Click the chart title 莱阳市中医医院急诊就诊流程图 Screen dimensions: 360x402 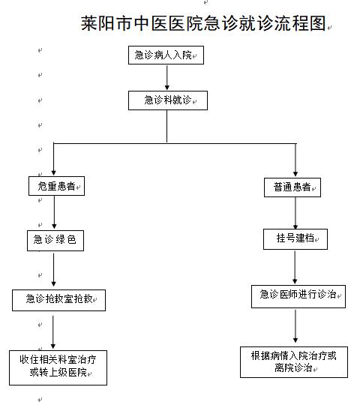pyautogui.click(x=203, y=23)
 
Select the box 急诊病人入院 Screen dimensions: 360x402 pyautogui.click(x=166, y=55)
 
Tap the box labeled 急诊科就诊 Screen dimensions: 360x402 pyautogui.click(x=168, y=100)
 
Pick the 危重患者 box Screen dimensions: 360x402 pyautogui.click(x=56, y=186)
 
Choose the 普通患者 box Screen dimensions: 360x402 pyautogui.click(x=292, y=187)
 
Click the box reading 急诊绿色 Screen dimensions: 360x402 pyautogui.click(x=55, y=241)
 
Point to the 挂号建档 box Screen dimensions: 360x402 pyautogui.click(x=295, y=239)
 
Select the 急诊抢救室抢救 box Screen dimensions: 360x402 pyautogui.click(x=58, y=300)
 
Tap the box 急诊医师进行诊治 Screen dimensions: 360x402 pyautogui.click(x=298, y=296)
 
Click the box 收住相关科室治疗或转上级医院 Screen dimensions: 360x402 pyautogui.click(x=58, y=367)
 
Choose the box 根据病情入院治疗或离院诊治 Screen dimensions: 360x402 pyautogui.click(x=294, y=362)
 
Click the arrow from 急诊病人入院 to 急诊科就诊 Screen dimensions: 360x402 pyautogui.click(x=167, y=77)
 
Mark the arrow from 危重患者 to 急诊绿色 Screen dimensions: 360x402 pyautogui.click(x=54, y=212)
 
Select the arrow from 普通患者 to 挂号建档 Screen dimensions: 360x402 pyautogui.click(x=295, y=213)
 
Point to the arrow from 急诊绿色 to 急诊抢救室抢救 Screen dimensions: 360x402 pyautogui.click(x=53, y=270)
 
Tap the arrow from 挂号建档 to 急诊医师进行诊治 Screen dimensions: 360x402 pyautogui.click(x=295, y=267)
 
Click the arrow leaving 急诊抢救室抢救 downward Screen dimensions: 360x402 pyautogui.click(x=53, y=332)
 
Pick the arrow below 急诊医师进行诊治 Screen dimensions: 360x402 pyautogui.click(x=295, y=326)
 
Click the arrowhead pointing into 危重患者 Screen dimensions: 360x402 pyautogui.click(x=53, y=172)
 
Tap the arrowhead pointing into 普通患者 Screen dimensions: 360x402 pyautogui.click(x=295, y=174)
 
